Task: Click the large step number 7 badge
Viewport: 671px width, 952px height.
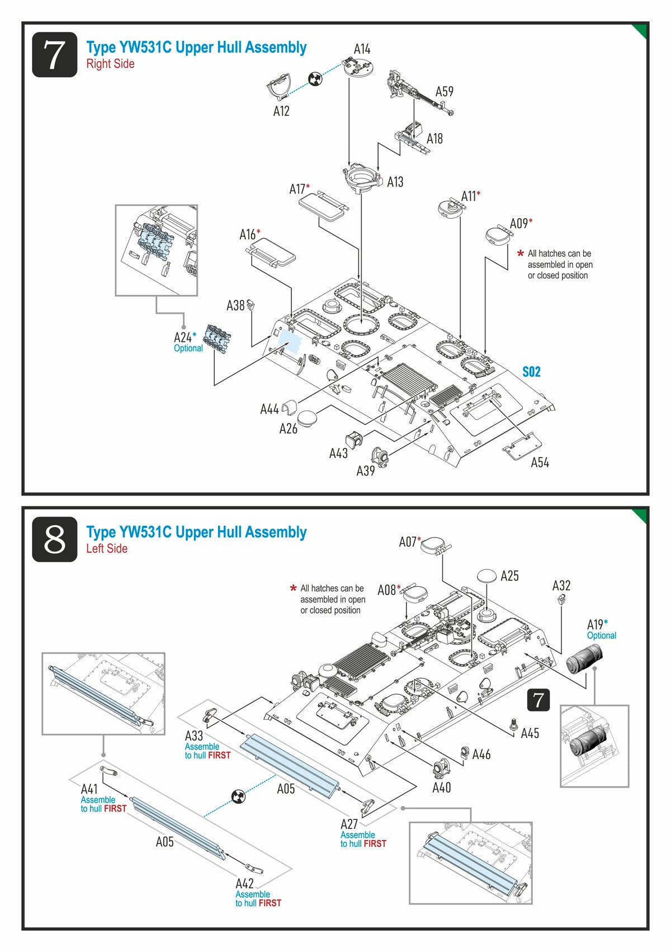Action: pos(54,54)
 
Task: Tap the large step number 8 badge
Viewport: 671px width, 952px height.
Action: pos(54,539)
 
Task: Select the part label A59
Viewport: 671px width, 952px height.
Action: pos(445,92)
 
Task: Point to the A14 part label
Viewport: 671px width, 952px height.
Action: pos(362,49)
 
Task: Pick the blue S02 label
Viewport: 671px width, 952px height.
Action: pos(531,372)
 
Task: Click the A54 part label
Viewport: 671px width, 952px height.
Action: pos(540,463)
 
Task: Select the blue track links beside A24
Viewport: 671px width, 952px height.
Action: pos(217,338)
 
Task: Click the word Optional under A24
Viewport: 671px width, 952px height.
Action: pos(188,348)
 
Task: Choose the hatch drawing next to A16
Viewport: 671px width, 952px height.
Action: pos(271,252)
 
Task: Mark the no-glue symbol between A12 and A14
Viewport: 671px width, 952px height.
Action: pos(315,79)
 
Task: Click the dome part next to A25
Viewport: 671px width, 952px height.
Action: pos(486,576)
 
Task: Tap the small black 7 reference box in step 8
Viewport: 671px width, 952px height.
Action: pos(538,700)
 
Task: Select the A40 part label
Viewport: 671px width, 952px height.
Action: pos(441,788)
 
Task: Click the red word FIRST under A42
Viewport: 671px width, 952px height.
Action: pos(270,903)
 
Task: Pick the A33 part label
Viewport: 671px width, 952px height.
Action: pos(194,736)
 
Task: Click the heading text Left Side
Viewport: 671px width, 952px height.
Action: pos(107,549)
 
